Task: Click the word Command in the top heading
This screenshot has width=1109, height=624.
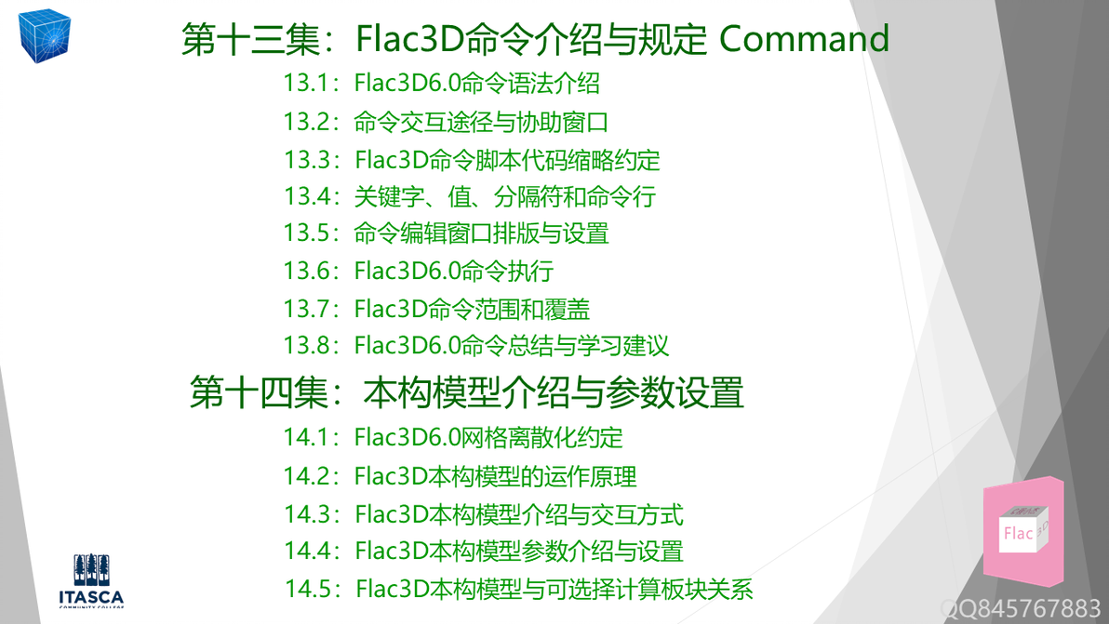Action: pyautogui.click(x=805, y=39)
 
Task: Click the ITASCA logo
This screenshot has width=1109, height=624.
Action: pyautogui.click(x=91, y=581)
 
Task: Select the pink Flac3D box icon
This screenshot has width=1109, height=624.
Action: pyautogui.click(x=1022, y=532)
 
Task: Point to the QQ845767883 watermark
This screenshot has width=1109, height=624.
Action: pyautogui.click(x=1021, y=609)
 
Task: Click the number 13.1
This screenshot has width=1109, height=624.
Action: pyautogui.click(x=307, y=84)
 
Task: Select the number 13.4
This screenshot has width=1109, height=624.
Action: pyautogui.click(x=307, y=196)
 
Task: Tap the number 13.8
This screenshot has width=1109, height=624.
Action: pyautogui.click(x=307, y=345)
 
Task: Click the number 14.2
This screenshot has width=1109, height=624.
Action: pyautogui.click(x=307, y=476)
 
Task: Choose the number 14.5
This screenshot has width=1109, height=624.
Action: pyautogui.click(x=309, y=589)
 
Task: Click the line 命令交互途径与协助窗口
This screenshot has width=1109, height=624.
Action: pyautogui.click(x=481, y=122)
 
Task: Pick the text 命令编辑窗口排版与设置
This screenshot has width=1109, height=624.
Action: pyautogui.click(x=481, y=233)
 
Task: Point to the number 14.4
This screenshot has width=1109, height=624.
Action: pyautogui.click(x=307, y=551)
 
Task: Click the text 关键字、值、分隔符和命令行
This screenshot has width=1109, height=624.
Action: pyautogui.click(x=504, y=196)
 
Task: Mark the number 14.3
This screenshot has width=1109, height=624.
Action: pyautogui.click(x=307, y=513)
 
